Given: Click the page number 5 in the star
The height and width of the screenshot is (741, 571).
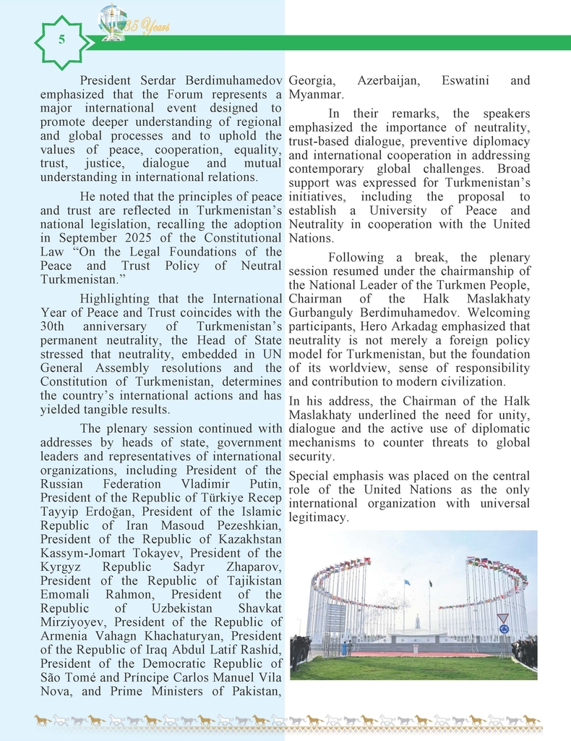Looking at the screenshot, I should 61,41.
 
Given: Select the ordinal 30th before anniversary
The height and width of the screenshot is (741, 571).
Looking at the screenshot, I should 55,326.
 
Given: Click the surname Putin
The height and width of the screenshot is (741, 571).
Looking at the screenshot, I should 265,484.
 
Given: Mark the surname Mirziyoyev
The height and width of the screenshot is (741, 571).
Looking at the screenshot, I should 74,622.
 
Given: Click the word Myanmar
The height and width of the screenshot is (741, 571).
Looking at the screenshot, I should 315,94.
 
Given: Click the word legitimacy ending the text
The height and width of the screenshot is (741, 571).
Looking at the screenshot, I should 319,517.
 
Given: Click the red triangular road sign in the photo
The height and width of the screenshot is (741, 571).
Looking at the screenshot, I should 503,619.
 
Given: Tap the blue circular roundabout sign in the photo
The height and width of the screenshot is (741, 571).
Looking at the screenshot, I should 503,629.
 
